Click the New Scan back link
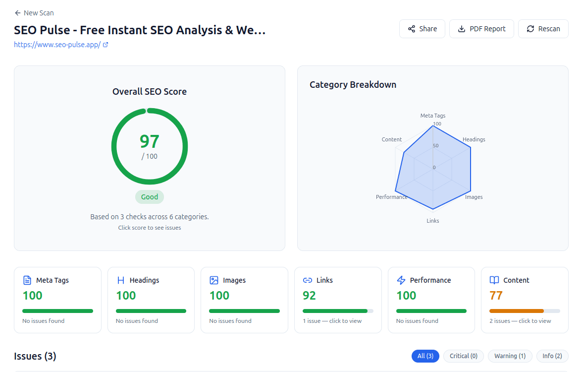(34, 13)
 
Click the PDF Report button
(481, 29)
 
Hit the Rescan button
(543, 29)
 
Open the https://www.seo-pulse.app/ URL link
(57, 44)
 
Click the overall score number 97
(150, 141)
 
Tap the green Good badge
(150, 197)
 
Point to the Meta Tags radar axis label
(432, 116)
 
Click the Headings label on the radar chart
(474, 139)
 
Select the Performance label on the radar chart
(391, 197)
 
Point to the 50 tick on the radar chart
(435, 146)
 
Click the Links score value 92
(309, 296)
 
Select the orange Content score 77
(496, 296)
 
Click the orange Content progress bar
(517, 311)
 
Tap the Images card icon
(214, 280)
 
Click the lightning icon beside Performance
(401, 280)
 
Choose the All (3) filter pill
(425, 356)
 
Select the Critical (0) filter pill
(463, 356)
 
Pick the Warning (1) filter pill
(510, 356)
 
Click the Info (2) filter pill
(552, 356)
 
